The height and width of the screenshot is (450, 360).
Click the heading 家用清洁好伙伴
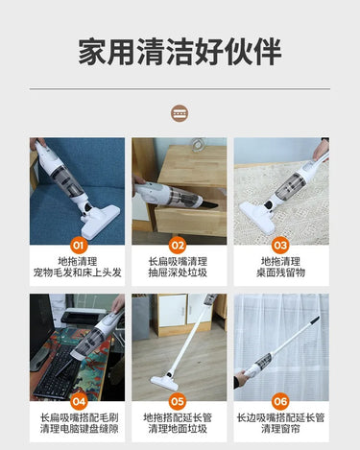coord(180,52)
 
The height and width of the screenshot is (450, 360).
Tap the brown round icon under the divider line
coord(180,113)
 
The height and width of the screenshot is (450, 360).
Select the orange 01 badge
coord(78,246)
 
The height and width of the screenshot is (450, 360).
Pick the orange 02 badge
coord(178,246)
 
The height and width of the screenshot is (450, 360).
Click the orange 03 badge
coord(280,246)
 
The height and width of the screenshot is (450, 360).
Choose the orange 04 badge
coord(79,401)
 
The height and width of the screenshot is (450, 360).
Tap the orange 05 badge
coord(178,401)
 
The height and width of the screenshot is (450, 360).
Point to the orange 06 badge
coord(280,401)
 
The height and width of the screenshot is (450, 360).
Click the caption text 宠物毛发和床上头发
coord(78,272)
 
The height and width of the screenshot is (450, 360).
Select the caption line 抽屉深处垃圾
coord(178,272)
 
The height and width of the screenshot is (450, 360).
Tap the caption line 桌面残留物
coord(280,272)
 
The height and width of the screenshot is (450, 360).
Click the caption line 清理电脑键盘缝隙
coord(79,429)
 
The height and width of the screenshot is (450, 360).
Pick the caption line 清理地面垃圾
coord(178,429)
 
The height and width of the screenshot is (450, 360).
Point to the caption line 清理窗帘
coord(280,429)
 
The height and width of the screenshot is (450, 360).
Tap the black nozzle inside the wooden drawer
coord(209,204)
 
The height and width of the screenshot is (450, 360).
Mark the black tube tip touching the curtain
coord(314,320)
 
